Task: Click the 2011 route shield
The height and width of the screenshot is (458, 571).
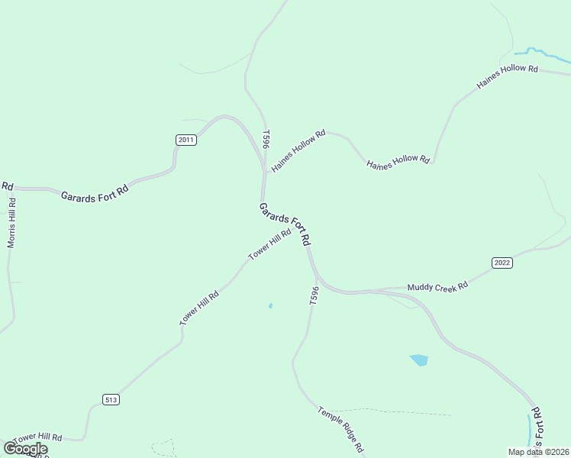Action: pyautogui.click(x=186, y=140)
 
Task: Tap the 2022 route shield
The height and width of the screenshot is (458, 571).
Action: pyautogui.click(x=502, y=263)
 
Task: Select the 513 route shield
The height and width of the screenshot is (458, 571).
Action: pyautogui.click(x=111, y=399)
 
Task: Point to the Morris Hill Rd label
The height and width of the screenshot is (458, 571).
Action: pyautogui.click(x=11, y=223)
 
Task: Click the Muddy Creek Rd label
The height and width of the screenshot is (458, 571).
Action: pyautogui.click(x=437, y=287)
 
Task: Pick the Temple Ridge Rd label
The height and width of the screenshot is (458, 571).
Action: pyautogui.click(x=340, y=429)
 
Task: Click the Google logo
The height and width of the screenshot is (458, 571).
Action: pyautogui.click(x=25, y=449)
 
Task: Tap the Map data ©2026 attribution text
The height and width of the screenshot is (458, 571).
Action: pyautogui.click(x=538, y=452)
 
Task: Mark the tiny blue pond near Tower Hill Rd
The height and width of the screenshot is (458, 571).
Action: pyautogui.click(x=270, y=306)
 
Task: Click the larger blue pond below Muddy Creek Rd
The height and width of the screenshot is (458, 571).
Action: pyautogui.click(x=418, y=360)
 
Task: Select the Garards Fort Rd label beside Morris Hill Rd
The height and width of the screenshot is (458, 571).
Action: pyautogui.click(x=95, y=192)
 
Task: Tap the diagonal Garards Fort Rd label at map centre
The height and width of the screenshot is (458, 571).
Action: pyautogui.click(x=285, y=224)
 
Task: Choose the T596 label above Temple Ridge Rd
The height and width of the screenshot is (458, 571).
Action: pyautogui.click(x=314, y=296)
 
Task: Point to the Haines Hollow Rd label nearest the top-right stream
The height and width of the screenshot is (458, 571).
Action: pyautogui.click(x=508, y=78)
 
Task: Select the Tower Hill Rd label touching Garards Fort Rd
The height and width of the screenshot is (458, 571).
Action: pyautogui.click(x=269, y=244)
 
